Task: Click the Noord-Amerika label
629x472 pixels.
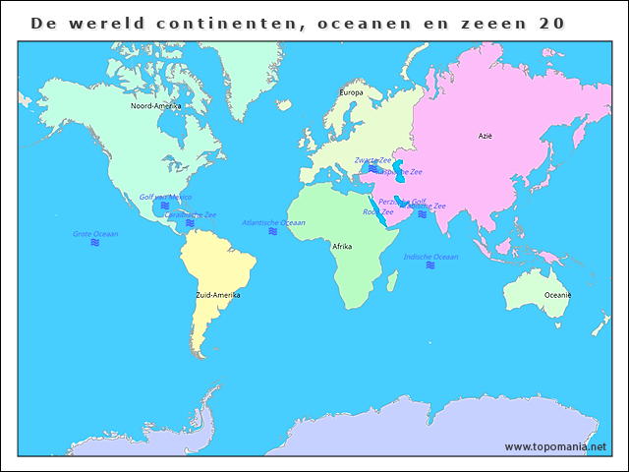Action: (155, 105)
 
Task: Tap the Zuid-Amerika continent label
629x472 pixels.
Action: (218, 294)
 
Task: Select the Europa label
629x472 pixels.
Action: (351, 92)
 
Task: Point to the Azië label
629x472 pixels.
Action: (486, 137)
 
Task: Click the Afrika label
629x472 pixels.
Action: (342, 246)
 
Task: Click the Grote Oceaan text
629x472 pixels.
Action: (95, 234)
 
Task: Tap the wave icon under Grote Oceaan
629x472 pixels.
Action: (95, 243)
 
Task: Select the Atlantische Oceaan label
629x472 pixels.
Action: (273, 223)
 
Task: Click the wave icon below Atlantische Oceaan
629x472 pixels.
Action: (273, 232)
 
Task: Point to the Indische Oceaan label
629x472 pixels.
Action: (430, 257)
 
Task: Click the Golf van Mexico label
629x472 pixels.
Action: (165, 197)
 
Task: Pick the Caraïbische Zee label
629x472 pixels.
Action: (191, 214)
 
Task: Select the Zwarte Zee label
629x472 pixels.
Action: (373, 159)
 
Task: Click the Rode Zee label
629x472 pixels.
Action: (378, 211)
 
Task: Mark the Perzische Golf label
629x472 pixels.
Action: (402, 201)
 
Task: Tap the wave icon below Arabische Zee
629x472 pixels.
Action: (423, 214)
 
